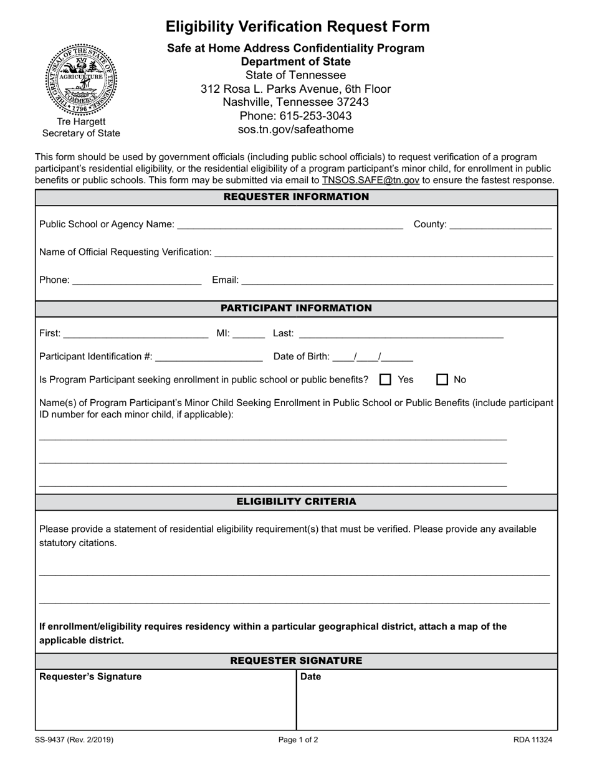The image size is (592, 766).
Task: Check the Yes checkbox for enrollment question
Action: pos(386,379)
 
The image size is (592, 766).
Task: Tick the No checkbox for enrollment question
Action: pos(442,379)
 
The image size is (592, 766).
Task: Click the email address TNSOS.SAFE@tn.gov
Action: pos(370,180)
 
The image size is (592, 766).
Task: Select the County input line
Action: pos(500,225)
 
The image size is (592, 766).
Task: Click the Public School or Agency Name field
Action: pos(290,225)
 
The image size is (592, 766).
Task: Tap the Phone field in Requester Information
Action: pos(137,280)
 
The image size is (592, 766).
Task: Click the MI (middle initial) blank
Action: pos(249,334)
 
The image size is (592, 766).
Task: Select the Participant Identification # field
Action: pos(209,357)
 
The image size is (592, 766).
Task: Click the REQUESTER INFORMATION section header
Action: pos(296,197)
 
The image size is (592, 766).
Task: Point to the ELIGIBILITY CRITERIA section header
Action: pos(296,501)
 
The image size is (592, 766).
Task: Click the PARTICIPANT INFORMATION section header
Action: pos(296,308)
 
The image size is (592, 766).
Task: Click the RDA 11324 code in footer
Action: pos(533,740)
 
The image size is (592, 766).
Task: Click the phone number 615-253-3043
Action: pos(295,116)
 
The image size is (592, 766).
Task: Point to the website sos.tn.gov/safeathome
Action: pos(295,130)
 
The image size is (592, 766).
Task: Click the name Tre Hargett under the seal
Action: pos(81,121)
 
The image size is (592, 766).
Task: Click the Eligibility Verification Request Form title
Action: pos(297,27)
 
